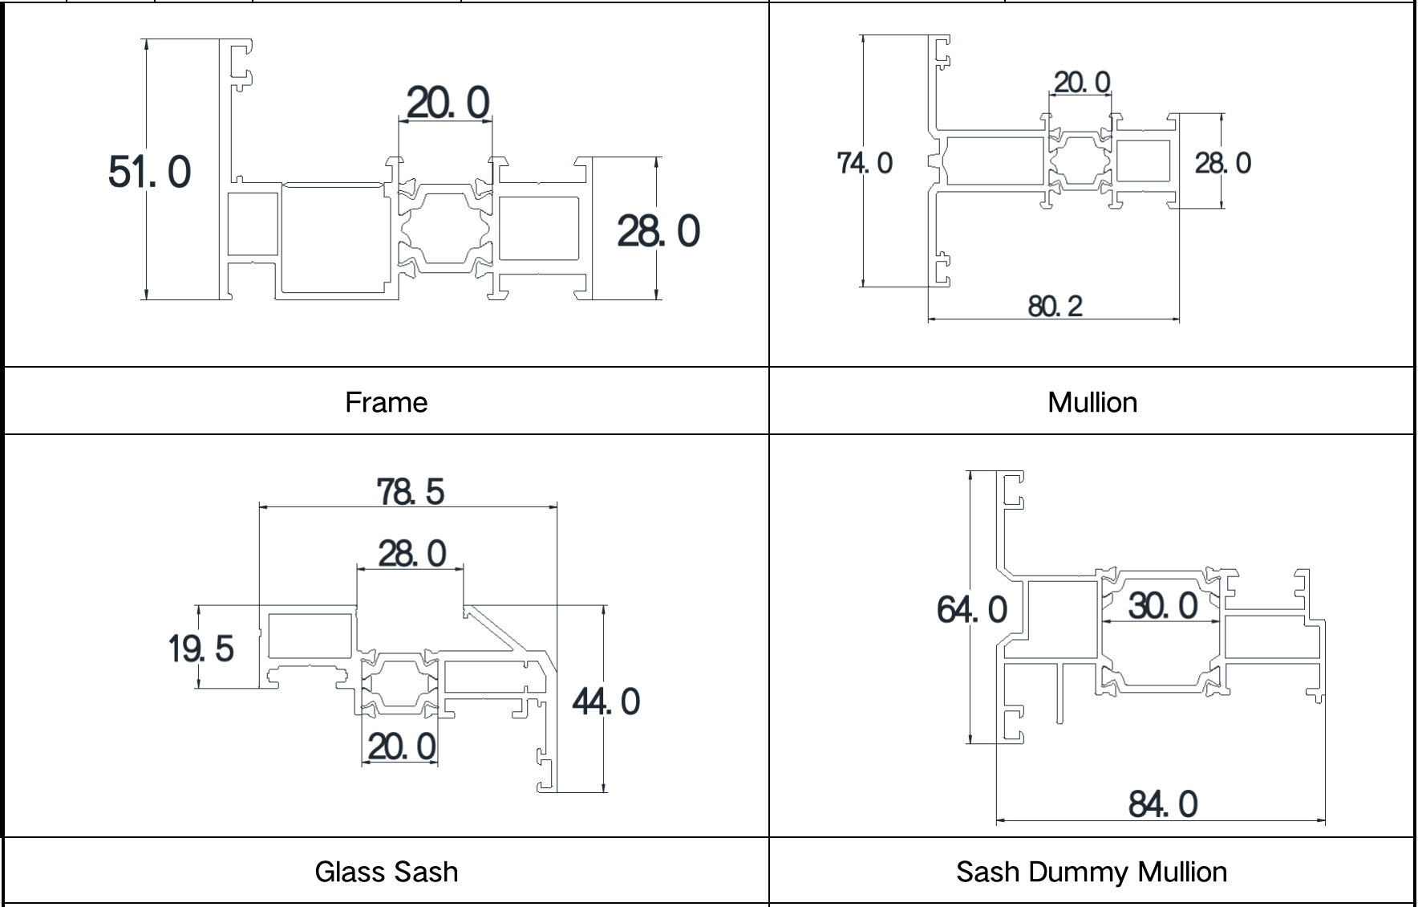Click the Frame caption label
click(x=386, y=402)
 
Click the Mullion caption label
click(x=1092, y=402)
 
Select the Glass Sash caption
click(x=386, y=872)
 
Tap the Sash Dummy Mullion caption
click(x=1092, y=872)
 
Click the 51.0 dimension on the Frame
click(x=150, y=172)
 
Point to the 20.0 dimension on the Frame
click(x=448, y=103)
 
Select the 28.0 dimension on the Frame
click(x=658, y=231)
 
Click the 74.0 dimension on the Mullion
click(x=865, y=163)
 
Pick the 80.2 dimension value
click(x=1055, y=306)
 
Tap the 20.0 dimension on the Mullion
click(x=1082, y=82)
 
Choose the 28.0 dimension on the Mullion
click(x=1223, y=163)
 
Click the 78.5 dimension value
click(x=410, y=491)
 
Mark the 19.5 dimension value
click(x=201, y=649)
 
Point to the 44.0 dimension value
click(x=606, y=702)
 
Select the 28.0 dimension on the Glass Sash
click(x=411, y=554)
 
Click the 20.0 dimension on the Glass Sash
click(x=402, y=746)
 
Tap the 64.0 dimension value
click(x=972, y=610)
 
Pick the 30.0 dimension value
click(x=1163, y=605)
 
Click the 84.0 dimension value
click(x=1163, y=804)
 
